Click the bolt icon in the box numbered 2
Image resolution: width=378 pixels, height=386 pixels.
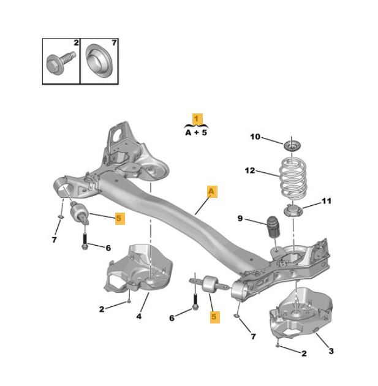[59, 61]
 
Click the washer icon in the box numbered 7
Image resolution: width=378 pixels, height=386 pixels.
[98, 61]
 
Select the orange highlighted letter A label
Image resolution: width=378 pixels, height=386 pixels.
[211, 192]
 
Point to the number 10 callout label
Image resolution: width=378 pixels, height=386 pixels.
[255, 137]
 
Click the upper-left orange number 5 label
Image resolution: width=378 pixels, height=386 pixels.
[119, 217]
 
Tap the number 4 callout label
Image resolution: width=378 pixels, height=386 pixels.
[138, 316]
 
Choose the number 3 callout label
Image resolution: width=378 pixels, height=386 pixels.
[331, 351]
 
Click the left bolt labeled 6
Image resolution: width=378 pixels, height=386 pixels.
[84, 238]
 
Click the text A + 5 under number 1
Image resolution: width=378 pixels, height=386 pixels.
[196, 132]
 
